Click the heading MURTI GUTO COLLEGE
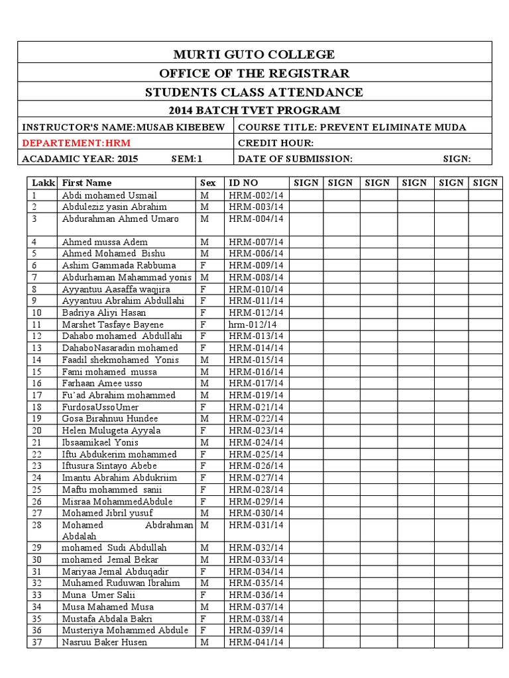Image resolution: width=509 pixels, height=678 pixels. [x=254, y=54]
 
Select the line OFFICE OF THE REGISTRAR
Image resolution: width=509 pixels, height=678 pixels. [x=254, y=73]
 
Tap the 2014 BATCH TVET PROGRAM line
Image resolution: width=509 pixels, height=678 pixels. [x=254, y=110]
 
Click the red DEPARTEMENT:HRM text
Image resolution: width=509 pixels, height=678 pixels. [x=76, y=143]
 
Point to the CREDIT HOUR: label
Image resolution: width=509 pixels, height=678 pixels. [x=275, y=143]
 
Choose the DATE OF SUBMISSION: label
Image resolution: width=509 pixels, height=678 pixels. [x=295, y=159]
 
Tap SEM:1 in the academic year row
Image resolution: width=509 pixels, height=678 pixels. [x=186, y=159]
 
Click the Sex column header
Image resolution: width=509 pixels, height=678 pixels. [x=207, y=183]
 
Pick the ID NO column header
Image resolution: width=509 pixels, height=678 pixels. [x=243, y=183]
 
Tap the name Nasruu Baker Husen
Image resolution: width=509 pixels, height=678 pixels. [x=104, y=642]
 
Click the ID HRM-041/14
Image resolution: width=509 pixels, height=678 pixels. [x=256, y=642]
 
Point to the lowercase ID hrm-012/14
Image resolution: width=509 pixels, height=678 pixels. [x=253, y=324]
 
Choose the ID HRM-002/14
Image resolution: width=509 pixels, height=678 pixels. [x=256, y=195]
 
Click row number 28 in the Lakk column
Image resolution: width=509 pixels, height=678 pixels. [x=37, y=524]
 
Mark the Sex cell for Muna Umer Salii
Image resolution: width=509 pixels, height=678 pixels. [x=203, y=595]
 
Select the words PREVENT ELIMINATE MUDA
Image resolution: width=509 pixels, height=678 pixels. [x=393, y=127]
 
